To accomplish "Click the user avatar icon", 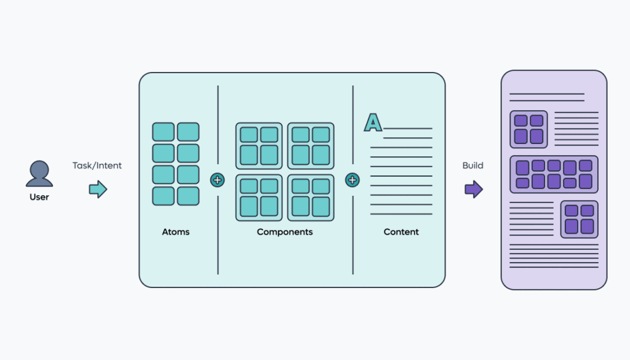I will point(39,174).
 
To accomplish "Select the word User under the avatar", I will point(39,197).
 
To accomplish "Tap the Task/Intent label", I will point(97,166).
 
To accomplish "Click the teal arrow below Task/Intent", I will point(98,189).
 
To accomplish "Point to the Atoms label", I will point(176,232).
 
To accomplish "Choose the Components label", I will point(285,232).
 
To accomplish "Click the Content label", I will point(401,232).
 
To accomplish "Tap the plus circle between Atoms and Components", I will point(218,180).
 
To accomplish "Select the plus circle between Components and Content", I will point(353,180).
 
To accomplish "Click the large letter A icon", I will point(373,122).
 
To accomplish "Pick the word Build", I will point(473,166).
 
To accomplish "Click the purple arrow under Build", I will point(474,189).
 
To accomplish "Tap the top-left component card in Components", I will point(259,146).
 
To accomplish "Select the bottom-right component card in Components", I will point(311,198).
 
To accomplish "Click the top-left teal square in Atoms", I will point(163,132).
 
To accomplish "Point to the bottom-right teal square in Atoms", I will point(188,196).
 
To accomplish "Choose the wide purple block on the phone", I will point(554,174).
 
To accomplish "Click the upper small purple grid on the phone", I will point(528,129).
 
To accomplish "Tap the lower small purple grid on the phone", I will point(579,219).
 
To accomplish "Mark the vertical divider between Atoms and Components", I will point(218,123).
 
